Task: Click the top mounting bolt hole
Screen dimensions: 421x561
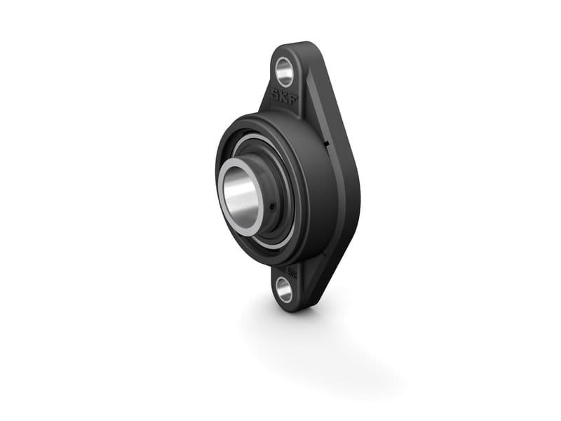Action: click(x=285, y=69)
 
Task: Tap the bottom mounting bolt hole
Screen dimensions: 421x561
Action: click(x=285, y=288)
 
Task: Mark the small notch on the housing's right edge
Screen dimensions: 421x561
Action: click(x=327, y=145)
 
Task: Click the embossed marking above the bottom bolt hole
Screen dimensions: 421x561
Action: click(x=289, y=268)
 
